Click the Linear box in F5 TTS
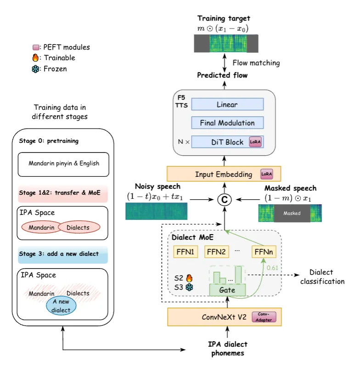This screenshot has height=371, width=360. (x=227, y=104)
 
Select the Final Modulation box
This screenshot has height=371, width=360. (x=227, y=123)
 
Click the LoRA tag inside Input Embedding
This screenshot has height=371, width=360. (x=266, y=174)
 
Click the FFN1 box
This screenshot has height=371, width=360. (x=185, y=252)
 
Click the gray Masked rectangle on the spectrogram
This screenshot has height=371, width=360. (x=292, y=214)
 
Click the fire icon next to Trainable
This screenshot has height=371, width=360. (x=36, y=58)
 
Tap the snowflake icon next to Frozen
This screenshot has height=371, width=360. (x=36, y=69)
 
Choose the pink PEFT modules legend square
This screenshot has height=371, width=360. (x=36, y=47)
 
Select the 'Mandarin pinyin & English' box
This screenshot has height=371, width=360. (x=64, y=163)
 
